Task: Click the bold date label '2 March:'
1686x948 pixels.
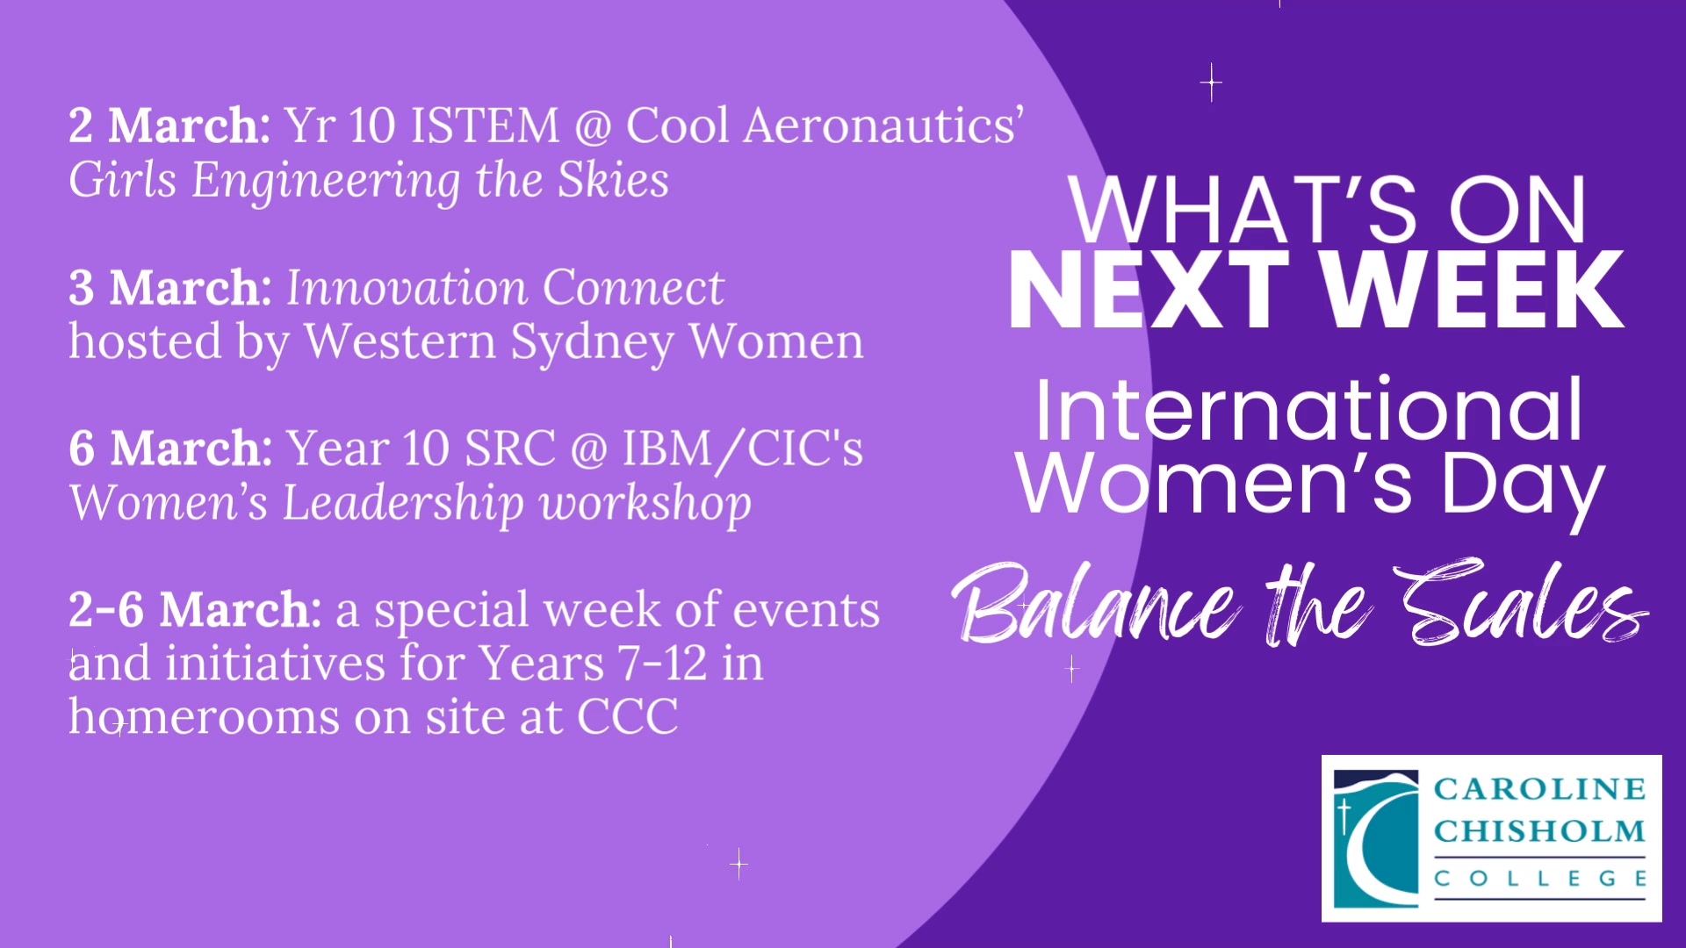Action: tap(169, 126)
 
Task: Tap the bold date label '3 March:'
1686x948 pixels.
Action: tap(170, 287)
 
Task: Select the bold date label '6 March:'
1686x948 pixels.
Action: tap(170, 449)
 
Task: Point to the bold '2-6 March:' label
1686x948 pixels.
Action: tap(195, 609)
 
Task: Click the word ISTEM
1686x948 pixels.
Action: tap(485, 126)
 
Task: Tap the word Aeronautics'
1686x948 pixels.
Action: tap(883, 126)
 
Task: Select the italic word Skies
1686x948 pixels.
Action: tap(613, 180)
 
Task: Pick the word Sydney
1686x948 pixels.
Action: tap(592, 343)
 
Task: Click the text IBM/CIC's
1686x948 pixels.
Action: tap(743, 449)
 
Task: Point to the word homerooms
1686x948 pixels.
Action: tap(204, 717)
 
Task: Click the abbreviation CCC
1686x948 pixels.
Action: tap(628, 718)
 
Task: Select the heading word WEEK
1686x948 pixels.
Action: tap(1473, 290)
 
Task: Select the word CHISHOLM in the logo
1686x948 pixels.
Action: tap(1539, 831)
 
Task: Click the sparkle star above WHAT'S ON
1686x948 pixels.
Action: tap(1211, 83)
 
